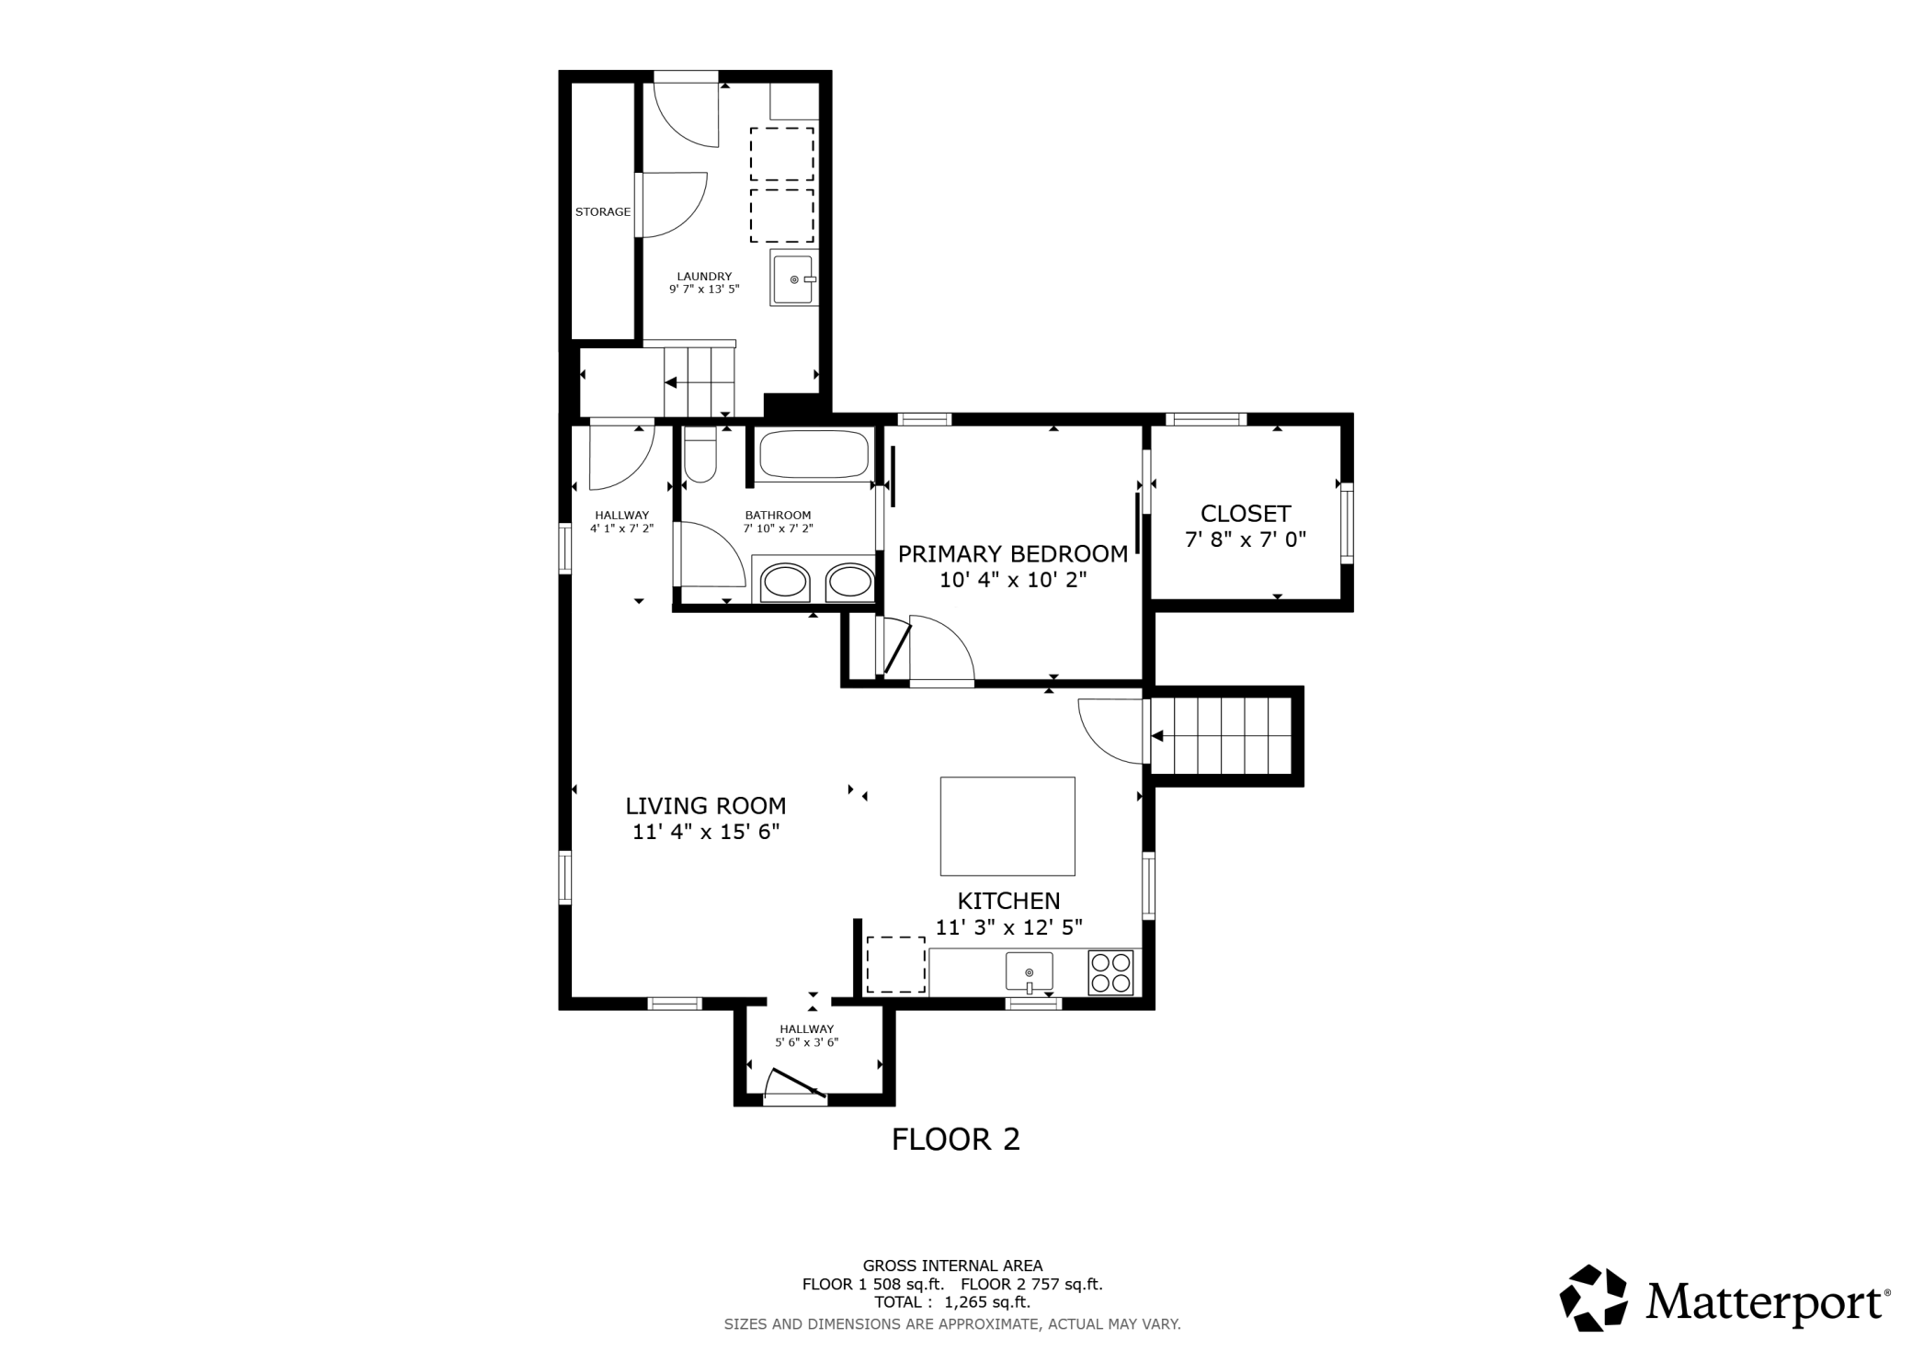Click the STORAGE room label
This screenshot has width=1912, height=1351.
603,212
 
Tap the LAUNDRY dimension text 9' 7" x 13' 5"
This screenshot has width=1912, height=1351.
704,289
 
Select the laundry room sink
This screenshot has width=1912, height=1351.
792,279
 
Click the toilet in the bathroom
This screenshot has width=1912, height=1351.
700,455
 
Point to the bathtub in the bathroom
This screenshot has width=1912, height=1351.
814,454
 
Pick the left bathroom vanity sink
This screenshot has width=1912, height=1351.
787,582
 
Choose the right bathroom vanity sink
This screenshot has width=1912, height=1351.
848,582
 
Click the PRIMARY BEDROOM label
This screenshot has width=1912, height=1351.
1013,554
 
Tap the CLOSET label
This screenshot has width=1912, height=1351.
1246,514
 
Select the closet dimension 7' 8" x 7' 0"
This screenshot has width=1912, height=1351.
1246,539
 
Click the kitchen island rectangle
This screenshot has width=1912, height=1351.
1007,826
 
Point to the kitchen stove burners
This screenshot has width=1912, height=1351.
1110,973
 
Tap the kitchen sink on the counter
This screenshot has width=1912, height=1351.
1030,972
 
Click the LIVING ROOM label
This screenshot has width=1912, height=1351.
706,806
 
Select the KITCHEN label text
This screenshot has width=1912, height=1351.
1009,902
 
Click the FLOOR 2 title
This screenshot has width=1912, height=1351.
956,1140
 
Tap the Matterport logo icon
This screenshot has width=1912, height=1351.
1594,1298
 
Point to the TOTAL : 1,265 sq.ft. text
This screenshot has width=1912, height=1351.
952,1302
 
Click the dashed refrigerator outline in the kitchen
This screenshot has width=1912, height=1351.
896,965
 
